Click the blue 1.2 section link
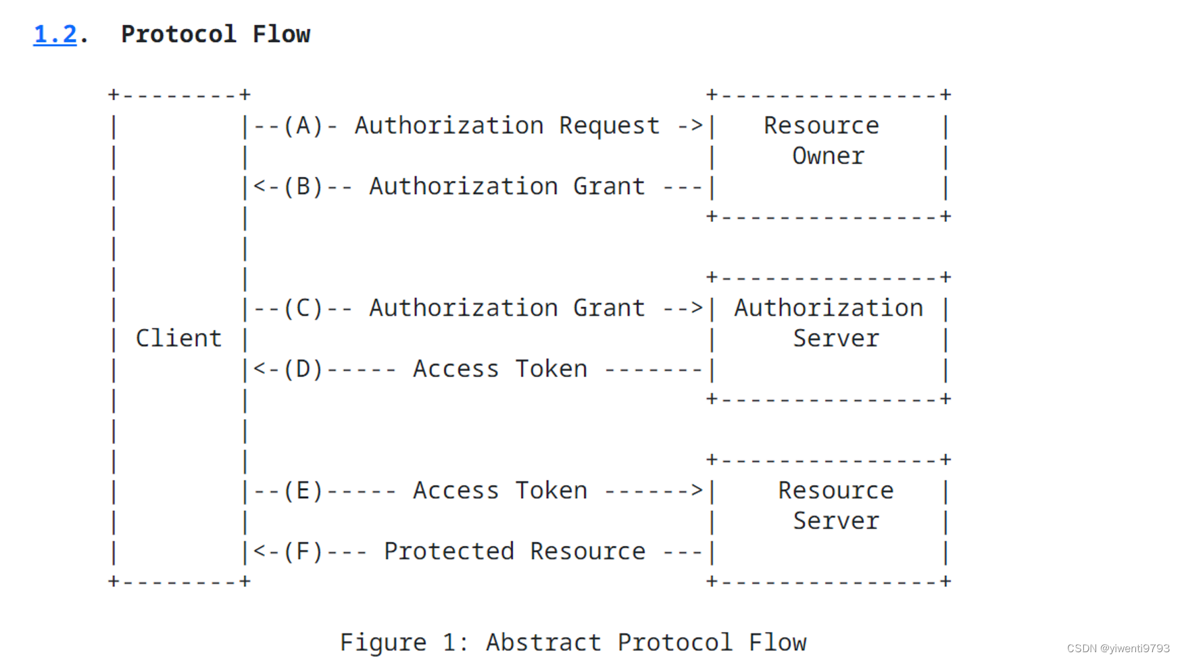(x=55, y=34)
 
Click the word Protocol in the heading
(x=178, y=34)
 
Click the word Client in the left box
(x=178, y=338)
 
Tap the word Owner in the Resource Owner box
(x=828, y=156)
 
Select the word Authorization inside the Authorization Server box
(x=829, y=308)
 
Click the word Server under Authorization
(x=836, y=338)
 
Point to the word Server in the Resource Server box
(x=836, y=521)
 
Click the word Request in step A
(x=609, y=126)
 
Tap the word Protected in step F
(x=449, y=552)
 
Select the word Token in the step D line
(x=551, y=369)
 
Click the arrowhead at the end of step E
(x=697, y=491)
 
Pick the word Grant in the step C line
(x=609, y=308)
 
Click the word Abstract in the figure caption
(x=543, y=642)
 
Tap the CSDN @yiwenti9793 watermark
(x=1118, y=648)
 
